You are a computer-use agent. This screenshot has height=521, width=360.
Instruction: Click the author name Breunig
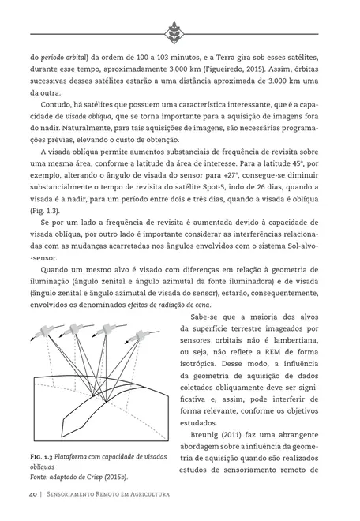(209, 433)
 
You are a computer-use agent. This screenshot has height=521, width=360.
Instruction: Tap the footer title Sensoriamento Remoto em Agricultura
(110, 497)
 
